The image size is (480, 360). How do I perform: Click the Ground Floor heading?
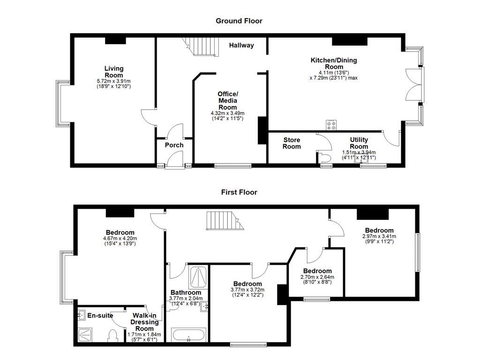(239, 21)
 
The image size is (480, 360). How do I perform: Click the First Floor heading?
(239, 192)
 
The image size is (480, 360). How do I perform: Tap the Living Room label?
(113, 72)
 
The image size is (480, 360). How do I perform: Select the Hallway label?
(241, 45)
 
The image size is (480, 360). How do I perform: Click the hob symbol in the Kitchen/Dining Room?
(331, 125)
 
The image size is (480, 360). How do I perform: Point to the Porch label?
(174, 145)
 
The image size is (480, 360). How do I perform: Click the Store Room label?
(292, 143)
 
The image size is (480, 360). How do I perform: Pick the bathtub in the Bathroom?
(188, 336)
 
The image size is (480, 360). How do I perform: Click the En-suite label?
(100, 315)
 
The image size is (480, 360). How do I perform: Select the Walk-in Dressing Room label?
(145, 322)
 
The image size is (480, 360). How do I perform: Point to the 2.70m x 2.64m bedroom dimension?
(317, 280)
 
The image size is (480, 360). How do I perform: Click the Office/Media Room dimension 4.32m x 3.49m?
(227, 116)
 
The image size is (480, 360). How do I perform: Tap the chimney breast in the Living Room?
(115, 41)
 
